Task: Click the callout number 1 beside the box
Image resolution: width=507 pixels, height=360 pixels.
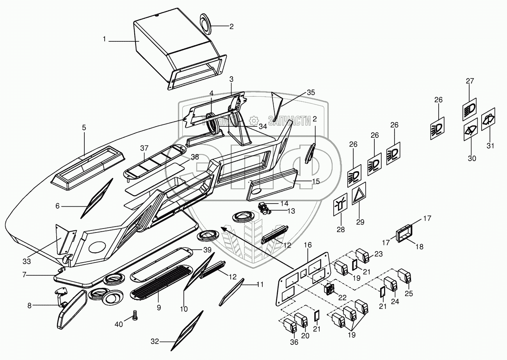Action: pos(104,39)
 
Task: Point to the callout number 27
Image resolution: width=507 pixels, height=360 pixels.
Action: pos(470,81)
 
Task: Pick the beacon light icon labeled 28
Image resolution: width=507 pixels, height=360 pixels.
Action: pos(340,206)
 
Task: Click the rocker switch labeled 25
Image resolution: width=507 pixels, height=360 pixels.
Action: pos(404,276)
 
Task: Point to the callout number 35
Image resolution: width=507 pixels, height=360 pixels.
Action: pos(310,92)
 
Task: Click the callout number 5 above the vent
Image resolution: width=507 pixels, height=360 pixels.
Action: pos(84,128)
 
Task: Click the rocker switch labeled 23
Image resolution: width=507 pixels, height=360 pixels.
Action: pos(365,256)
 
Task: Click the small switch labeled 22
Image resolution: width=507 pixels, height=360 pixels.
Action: pos(329,289)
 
